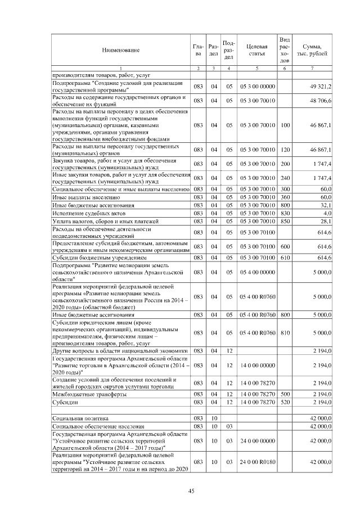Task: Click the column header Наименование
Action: point(120,50)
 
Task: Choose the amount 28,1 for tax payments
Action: point(326,221)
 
